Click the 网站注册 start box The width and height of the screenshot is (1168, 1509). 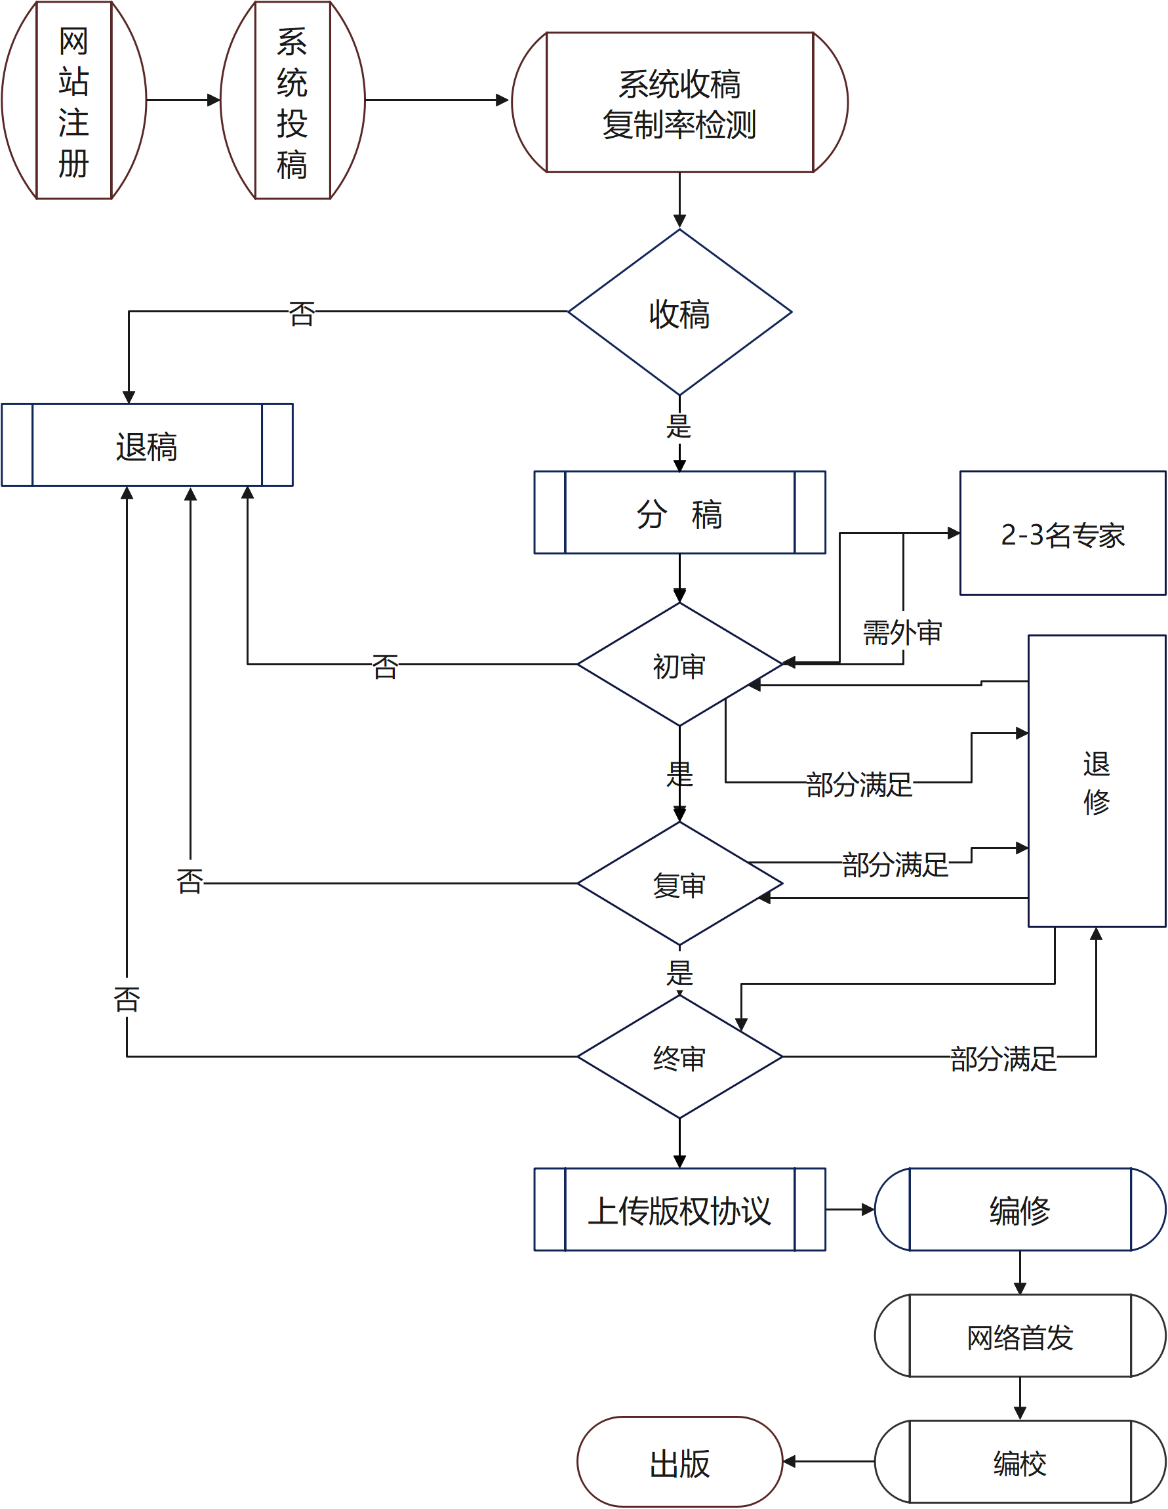[73, 101]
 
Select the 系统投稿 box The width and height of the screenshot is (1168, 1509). [292, 101]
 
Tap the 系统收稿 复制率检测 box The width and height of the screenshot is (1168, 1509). [679, 102]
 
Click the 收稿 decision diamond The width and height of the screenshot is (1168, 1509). [679, 312]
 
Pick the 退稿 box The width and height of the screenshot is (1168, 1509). [146, 445]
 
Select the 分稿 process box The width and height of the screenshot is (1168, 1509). [679, 512]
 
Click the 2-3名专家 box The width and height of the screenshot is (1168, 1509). [1062, 533]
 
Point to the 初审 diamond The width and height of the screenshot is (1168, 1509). [679, 665]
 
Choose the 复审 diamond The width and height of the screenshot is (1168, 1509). [679, 884]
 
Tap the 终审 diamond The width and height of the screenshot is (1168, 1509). [679, 1056]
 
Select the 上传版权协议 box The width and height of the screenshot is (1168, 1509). [679, 1210]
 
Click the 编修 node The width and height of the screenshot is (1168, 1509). [1020, 1210]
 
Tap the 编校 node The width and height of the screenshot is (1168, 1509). [1020, 1462]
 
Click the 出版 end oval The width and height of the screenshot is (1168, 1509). [679, 1462]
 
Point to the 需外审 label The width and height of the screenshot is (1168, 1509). [902, 632]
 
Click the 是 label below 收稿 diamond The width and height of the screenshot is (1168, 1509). [679, 426]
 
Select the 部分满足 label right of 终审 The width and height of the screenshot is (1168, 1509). [1003, 1058]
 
